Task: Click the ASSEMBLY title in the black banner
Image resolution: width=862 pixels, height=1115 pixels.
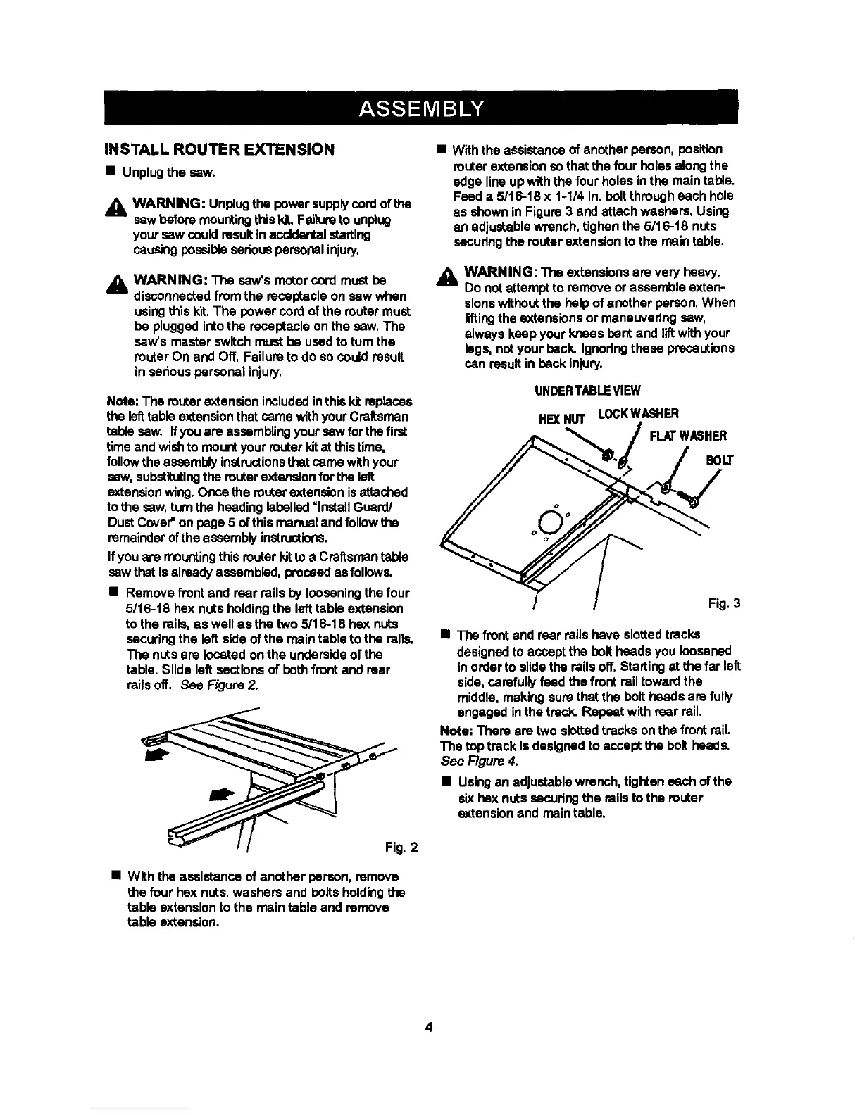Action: [x=430, y=110]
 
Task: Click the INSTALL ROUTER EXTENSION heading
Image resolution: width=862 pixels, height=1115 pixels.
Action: [x=218, y=149]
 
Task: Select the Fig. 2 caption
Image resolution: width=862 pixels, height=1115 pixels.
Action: [x=402, y=847]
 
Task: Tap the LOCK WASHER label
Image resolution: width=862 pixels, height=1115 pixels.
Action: [x=638, y=413]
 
